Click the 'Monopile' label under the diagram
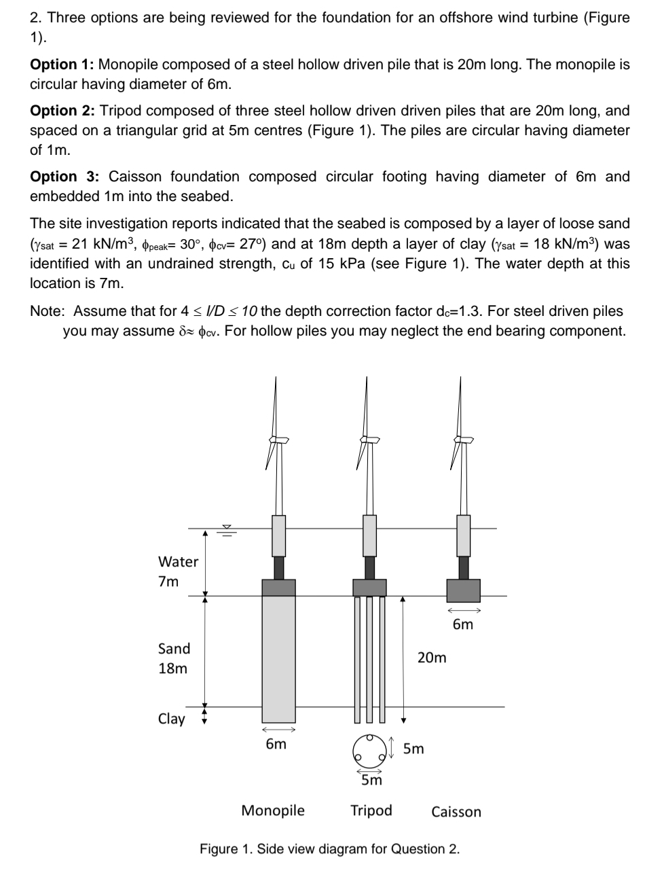click(x=273, y=810)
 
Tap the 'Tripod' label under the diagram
click(x=371, y=810)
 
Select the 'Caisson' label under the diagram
click(x=456, y=811)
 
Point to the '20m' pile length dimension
click(x=432, y=657)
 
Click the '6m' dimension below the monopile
click(x=276, y=744)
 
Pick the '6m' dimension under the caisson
click(x=463, y=624)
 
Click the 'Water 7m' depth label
click(x=178, y=571)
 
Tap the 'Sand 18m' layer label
click(x=174, y=658)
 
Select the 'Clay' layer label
click(x=171, y=718)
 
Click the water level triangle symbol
click(x=227, y=528)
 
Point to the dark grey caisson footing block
click(x=463, y=590)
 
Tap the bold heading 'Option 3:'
click(x=64, y=177)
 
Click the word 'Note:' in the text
click(x=48, y=311)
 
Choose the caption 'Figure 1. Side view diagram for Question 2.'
click(x=329, y=849)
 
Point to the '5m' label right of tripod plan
click(x=413, y=749)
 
